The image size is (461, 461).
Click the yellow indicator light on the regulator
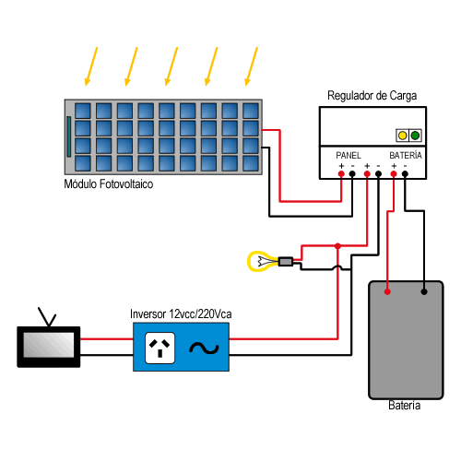click(x=402, y=136)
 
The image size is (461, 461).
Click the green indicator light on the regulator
click(x=415, y=136)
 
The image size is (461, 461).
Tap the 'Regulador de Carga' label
click(x=372, y=96)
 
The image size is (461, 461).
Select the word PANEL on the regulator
click(x=349, y=156)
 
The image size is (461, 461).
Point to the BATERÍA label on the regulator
click(x=406, y=155)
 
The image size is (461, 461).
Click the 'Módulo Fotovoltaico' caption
click(x=109, y=184)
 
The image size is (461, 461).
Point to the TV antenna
click(x=47, y=316)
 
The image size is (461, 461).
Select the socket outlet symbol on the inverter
click(x=160, y=348)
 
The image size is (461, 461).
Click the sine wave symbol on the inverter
click(x=204, y=349)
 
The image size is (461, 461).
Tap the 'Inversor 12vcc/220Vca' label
click(x=181, y=314)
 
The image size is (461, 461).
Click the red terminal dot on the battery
click(x=387, y=291)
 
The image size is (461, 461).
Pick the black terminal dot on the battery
click(x=424, y=291)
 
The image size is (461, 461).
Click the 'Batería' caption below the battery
click(x=404, y=406)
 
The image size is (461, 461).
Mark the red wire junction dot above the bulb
click(x=337, y=246)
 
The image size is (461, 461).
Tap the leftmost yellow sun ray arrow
click(x=91, y=66)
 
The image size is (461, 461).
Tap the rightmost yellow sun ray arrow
click(x=251, y=66)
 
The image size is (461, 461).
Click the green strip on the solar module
click(x=69, y=136)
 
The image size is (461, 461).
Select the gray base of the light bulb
click(x=286, y=262)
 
